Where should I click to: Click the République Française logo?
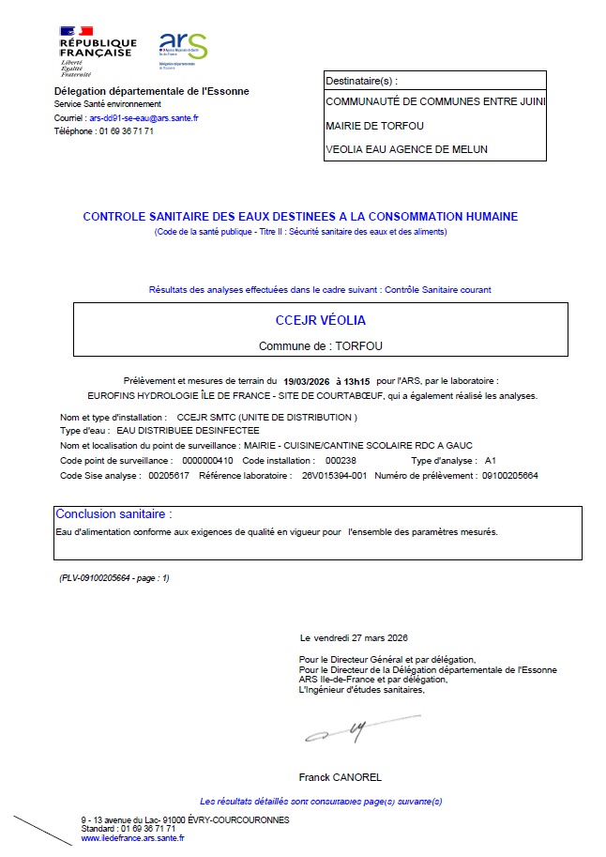click(98, 50)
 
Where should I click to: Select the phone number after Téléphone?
click(127, 131)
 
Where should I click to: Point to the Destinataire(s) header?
click(361, 81)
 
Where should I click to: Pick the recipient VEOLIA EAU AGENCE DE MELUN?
click(406, 149)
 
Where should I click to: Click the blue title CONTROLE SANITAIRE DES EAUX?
click(300, 217)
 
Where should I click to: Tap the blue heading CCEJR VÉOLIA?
click(321, 321)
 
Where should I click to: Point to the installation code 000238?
click(341, 461)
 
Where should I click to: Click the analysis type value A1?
click(491, 461)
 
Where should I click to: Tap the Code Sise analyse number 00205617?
click(169, 476)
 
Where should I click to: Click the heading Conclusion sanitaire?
click(114, 514)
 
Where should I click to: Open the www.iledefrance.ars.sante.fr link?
click(132, 838)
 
